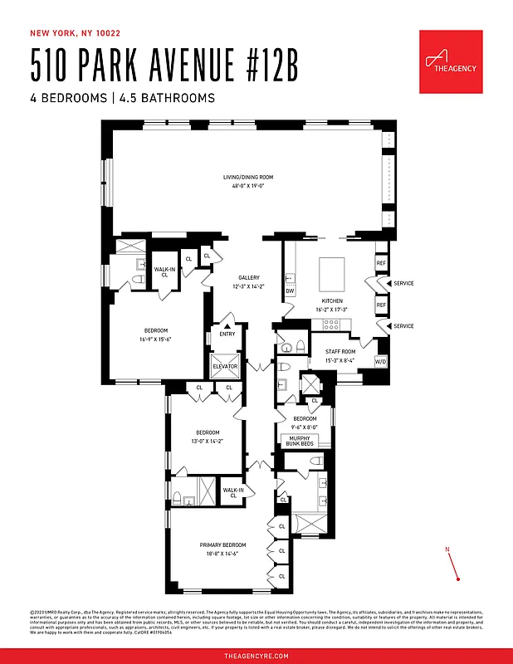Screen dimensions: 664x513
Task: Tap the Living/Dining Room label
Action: coord(247,177)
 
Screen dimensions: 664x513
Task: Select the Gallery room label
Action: coord(249,278)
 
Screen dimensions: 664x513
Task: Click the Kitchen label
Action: coord(333,300)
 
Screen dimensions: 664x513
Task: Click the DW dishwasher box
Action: coord(290,291)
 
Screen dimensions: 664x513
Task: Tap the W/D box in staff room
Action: coord(381,362)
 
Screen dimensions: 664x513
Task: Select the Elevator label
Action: coord(225,366)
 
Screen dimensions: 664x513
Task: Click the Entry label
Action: coord(227,334)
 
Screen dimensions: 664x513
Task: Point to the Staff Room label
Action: coord(340,352)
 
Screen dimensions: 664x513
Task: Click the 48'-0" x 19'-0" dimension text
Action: coord(247,186)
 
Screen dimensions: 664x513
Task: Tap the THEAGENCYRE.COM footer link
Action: coord(256,656)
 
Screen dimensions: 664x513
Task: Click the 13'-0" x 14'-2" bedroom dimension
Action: coord(208,442)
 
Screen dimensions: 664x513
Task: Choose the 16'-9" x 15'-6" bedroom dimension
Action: coord(155,339)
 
